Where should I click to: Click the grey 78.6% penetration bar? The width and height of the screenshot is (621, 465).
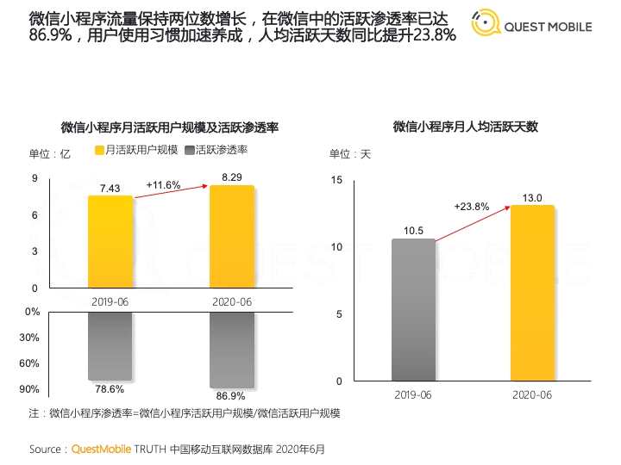[110, 345]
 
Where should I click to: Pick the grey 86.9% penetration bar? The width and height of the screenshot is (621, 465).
[232, 349]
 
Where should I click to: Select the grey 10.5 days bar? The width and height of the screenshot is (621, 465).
[413, 309]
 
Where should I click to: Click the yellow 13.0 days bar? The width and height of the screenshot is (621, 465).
[532, 293]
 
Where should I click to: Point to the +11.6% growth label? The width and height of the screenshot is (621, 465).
[163, 185]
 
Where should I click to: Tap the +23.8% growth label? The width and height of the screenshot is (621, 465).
[472, 207]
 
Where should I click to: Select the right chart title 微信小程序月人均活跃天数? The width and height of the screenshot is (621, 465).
[465, 127]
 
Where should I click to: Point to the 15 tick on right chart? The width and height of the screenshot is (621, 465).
[337, 179]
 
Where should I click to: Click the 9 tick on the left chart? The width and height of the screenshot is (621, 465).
[34, 178]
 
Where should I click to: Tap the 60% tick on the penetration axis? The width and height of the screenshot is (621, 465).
[29, 363]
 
